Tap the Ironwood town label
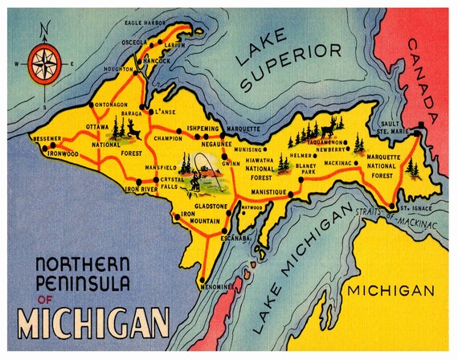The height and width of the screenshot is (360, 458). point(63,153)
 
